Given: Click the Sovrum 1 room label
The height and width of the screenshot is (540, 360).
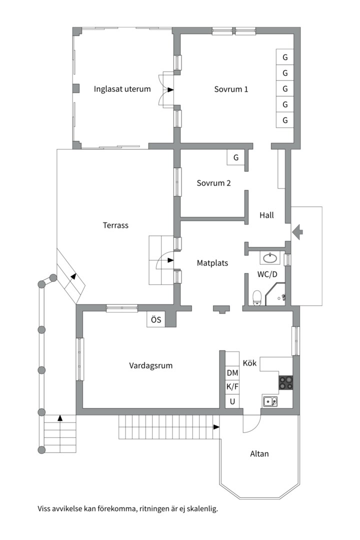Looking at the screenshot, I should pos(231,89).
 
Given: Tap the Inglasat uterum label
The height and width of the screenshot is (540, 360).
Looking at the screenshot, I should pos(122,89).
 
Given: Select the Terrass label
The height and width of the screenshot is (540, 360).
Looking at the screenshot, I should pos(115,225).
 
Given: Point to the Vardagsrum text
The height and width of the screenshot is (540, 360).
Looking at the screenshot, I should pos(150,365).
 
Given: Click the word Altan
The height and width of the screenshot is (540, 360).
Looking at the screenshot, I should pos(259,454).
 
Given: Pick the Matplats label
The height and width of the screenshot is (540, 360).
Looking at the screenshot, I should pos(212,262).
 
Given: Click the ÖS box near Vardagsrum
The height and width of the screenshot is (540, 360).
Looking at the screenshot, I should pos(156,320).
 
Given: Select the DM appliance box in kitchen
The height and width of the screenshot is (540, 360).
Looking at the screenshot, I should pos(232,373).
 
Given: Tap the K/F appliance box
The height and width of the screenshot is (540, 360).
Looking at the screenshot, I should pos(232,387).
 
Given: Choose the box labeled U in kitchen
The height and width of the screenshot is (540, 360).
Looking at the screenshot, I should pos(232,401).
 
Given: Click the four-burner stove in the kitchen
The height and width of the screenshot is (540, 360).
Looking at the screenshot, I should pos(285,382).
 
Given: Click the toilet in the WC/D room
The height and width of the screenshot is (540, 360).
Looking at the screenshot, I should pos(257,297).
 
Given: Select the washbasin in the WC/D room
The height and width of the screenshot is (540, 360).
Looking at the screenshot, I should pos(270,258).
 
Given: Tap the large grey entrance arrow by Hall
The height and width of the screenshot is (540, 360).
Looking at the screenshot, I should pos(297,231).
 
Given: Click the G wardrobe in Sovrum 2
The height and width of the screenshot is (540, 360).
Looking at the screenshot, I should pos(235,158).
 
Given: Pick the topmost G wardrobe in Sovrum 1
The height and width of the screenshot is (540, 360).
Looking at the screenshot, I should pos(285,57).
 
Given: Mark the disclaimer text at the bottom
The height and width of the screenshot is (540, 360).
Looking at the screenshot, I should pos(128,509).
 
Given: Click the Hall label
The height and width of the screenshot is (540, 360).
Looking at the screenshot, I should pos(266,215).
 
